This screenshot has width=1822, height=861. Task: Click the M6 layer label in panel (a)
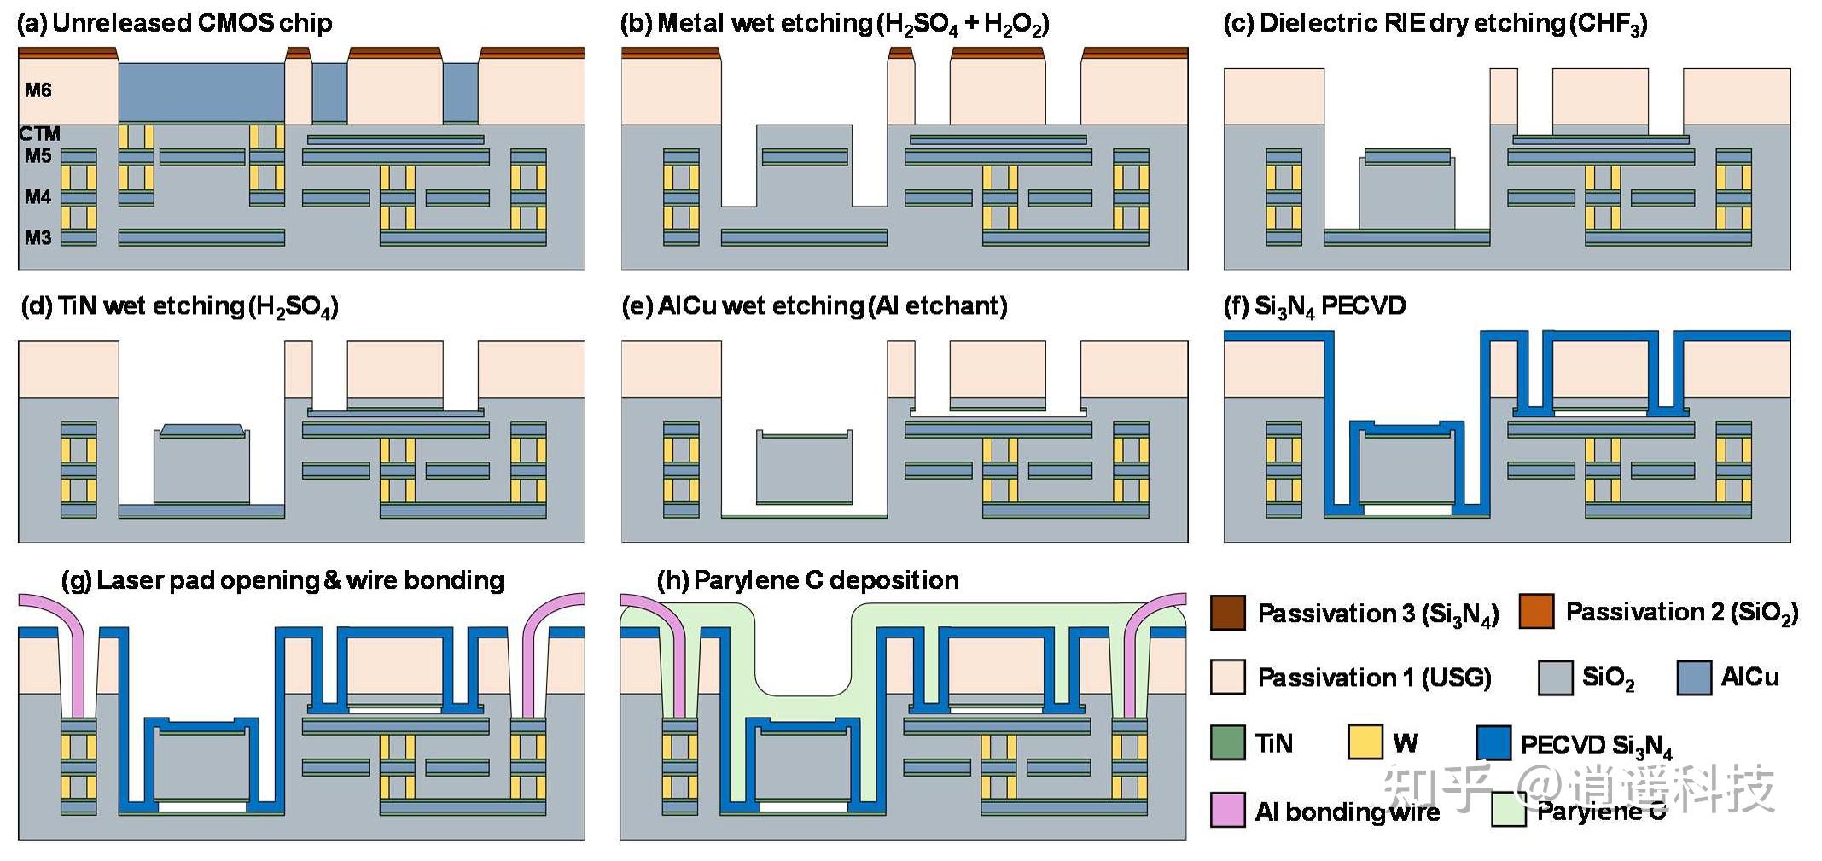tap(38, 90)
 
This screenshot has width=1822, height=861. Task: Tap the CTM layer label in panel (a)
tap(39, 134)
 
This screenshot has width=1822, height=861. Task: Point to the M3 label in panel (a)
tap(38, 237)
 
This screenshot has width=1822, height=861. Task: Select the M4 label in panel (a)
tap(38, 197)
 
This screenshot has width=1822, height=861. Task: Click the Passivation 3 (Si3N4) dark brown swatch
tap(1228, 613)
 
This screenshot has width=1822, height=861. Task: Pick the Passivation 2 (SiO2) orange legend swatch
tap(1536, 612)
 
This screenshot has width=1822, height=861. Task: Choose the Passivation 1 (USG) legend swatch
tap(1228, 677)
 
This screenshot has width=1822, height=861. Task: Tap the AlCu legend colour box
tap(1694, 678)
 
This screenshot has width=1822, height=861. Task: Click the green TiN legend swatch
tap(1228, 742)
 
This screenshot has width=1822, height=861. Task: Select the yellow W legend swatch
tap(1365, 742)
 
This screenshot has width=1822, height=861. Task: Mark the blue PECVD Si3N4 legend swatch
tap(1493, 742)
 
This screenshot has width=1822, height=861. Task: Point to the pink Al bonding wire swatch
tap(1228, 810)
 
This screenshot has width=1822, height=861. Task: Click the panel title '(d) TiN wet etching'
tap(179, 306)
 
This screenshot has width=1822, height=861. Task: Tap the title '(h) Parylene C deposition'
tap(807, 580)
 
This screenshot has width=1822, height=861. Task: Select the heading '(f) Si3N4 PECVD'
tap(1314, 306)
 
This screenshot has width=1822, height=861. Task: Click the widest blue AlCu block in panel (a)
tap(201, 92)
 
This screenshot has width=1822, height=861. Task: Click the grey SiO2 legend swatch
tap(1555, 678)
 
